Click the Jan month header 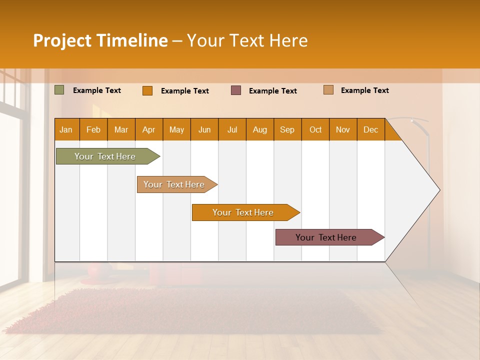point(66,129)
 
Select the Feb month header point(93,129)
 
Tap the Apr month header point(148,129)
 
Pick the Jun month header point(204,129)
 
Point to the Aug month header point(259,129)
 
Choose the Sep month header point(287,129)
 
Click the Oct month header point(315,129)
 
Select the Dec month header point(370,129)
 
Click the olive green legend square point(59,90)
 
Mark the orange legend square point(147,90)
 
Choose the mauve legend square point(236,90)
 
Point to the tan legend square point(328,90)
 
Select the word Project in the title point(62,40)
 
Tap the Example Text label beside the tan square point(364,90)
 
